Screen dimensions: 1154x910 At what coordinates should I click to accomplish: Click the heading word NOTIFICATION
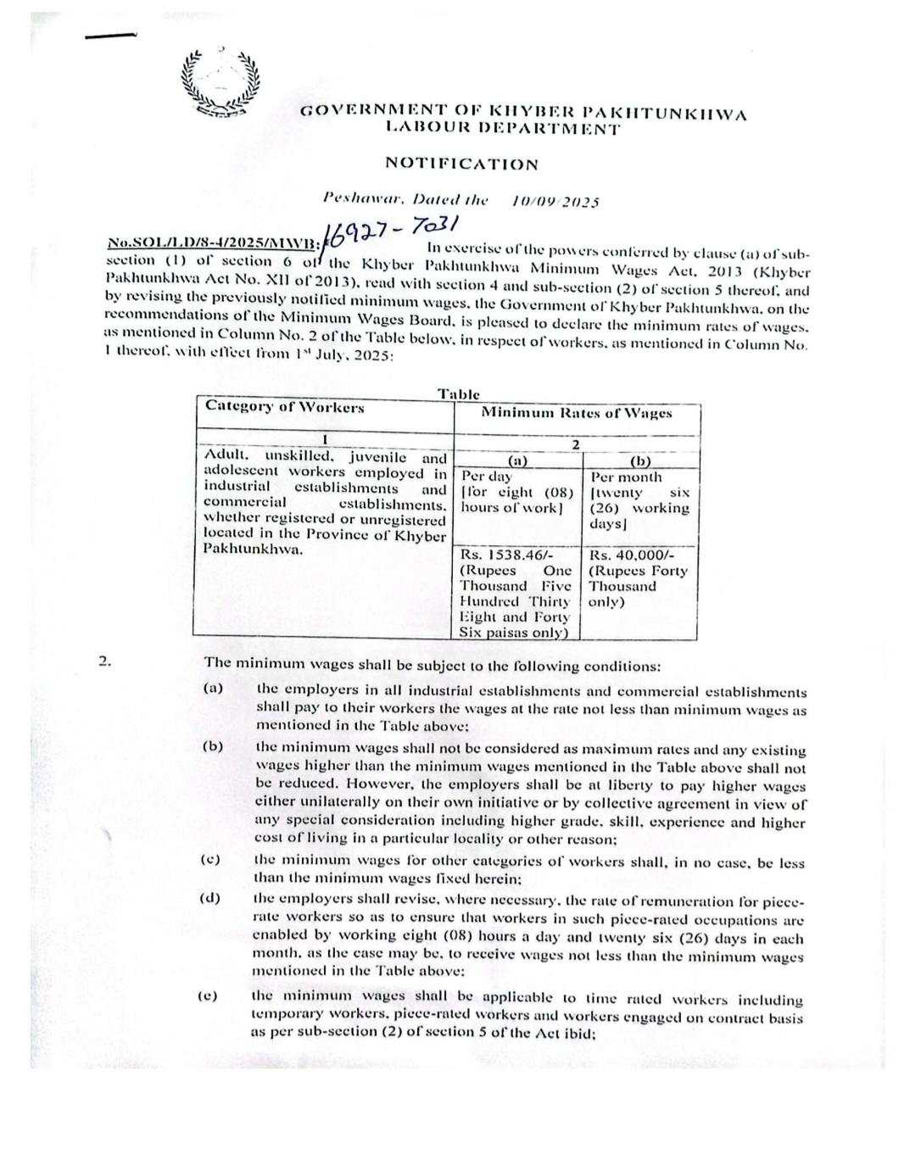461,163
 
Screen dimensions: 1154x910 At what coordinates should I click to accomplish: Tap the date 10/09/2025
555,202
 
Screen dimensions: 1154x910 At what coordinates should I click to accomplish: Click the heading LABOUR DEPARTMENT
502,129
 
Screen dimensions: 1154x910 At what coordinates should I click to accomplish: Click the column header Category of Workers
285,407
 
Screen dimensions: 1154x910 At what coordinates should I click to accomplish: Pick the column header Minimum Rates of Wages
577,413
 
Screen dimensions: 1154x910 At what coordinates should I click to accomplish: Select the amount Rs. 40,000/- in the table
626,555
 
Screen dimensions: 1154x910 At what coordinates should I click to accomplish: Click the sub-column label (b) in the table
640,461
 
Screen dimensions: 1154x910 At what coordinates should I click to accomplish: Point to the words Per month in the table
626,477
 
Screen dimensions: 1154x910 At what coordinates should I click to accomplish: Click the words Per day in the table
487,477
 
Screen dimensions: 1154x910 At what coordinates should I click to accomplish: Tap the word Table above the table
459,394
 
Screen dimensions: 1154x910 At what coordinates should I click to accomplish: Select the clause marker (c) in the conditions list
210,860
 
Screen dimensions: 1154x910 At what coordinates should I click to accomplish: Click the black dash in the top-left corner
110,35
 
